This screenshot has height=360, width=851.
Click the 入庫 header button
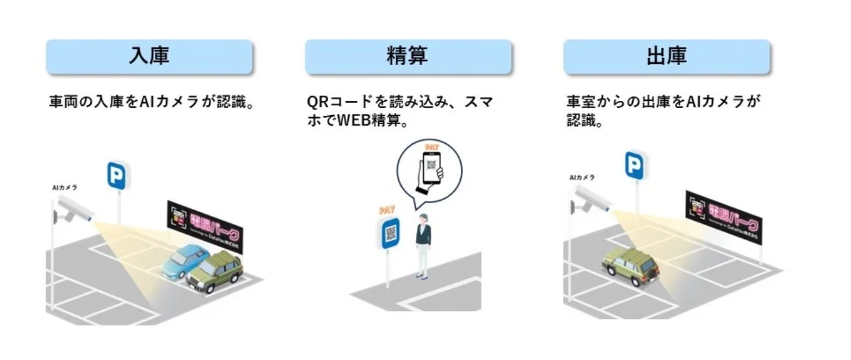click(149, 57)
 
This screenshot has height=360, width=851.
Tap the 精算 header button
click(408, 57)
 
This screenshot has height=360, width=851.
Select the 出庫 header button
click(666, 57)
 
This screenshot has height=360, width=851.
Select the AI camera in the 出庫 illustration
click(591, 199)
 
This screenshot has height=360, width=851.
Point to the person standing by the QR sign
click(423, 244)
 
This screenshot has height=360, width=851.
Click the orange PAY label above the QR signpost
click(387, 210)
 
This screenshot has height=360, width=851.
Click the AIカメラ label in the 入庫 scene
click(64, 187)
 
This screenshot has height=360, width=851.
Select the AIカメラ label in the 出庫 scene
click(581, 177)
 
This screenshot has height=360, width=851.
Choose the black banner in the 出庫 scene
click(723, 216)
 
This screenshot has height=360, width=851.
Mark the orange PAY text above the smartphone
click(430, 147)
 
